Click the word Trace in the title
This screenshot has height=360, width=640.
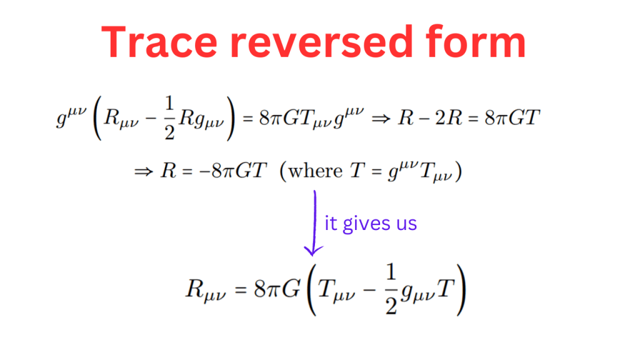[159, 42]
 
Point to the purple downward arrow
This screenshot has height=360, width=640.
[314, 222]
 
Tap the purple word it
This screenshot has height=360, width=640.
[331, 223]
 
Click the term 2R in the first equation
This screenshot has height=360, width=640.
[448, 118]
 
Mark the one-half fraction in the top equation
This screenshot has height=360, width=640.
[169, 118]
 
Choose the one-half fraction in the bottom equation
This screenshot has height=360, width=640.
[391, 289]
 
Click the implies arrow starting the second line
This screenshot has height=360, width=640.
[144, 171]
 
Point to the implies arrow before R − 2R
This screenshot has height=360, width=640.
[381, 119]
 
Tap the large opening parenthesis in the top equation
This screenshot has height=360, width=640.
[97, 118]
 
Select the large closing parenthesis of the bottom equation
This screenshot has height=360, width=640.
[461, 290]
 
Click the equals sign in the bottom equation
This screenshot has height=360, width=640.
[241, 290]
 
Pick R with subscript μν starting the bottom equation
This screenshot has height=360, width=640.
[206, 291]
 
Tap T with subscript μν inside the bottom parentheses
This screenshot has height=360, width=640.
[336, 291]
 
